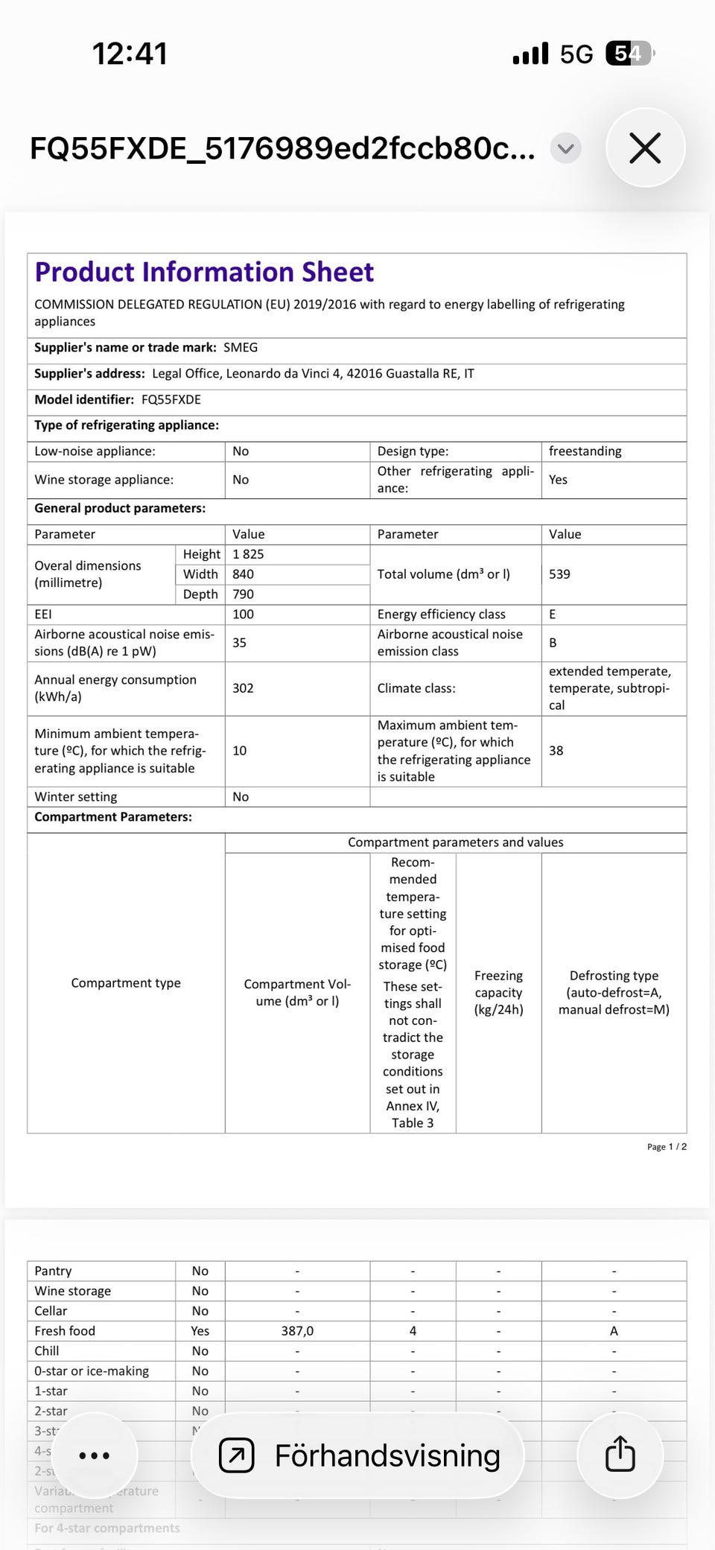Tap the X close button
645,147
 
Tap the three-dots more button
94,1455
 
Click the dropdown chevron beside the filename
565,148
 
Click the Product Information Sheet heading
204,272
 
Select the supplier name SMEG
241,348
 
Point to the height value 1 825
248,554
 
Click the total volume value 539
559,574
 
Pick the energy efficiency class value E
553,614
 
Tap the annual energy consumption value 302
243,688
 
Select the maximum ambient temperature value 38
556,751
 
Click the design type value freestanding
585,451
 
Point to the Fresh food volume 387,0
297,1331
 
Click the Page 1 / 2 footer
667,1146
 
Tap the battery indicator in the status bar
629,54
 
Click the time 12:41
130,54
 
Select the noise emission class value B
553,643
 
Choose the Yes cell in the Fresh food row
200,1331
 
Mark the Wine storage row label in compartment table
73,1291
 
